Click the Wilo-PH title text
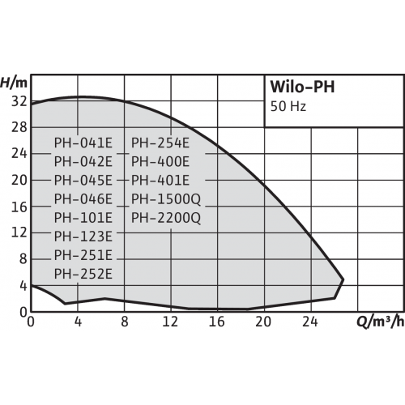(302, 87)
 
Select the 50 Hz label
(288, 106)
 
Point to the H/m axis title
(14, 83)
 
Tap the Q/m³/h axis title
(381, 322)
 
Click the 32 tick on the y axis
(19, 101)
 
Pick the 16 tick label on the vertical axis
(19, 207)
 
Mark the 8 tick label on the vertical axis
(23, 259)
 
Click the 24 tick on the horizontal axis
(310, 322)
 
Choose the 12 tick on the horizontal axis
(170, 322)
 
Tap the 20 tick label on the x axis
(263, 322)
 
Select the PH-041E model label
(83, 143)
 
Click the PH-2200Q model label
(166, 218)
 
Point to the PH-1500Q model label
(166, 199)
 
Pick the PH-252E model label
(83, 274)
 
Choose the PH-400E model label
(160, 162)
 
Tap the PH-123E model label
(83, 237)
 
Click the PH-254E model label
(160, 143)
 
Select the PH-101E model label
(83, 218)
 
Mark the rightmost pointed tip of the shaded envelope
(343, 279)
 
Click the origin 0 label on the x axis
(31, 322)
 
